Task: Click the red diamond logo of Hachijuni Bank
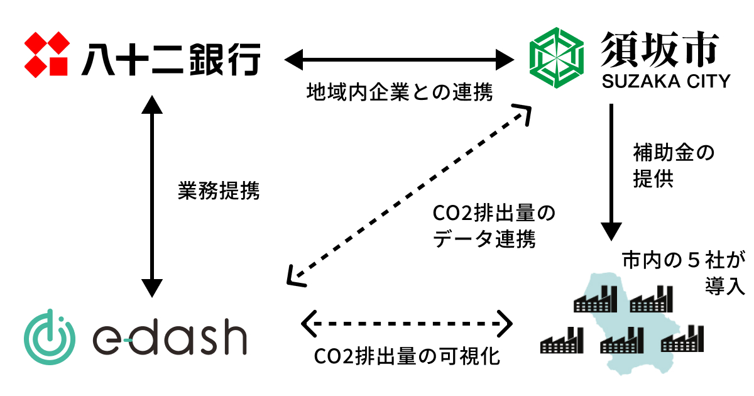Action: click(x=47, y=53)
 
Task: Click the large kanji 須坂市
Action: click(x=658, y=48)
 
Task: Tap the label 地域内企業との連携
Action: click(x=400, y=93)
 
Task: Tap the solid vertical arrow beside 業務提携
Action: click(x=150, y=195)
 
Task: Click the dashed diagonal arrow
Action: click(x=408, y=195)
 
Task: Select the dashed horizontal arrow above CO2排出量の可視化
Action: click(x=407, y=324)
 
